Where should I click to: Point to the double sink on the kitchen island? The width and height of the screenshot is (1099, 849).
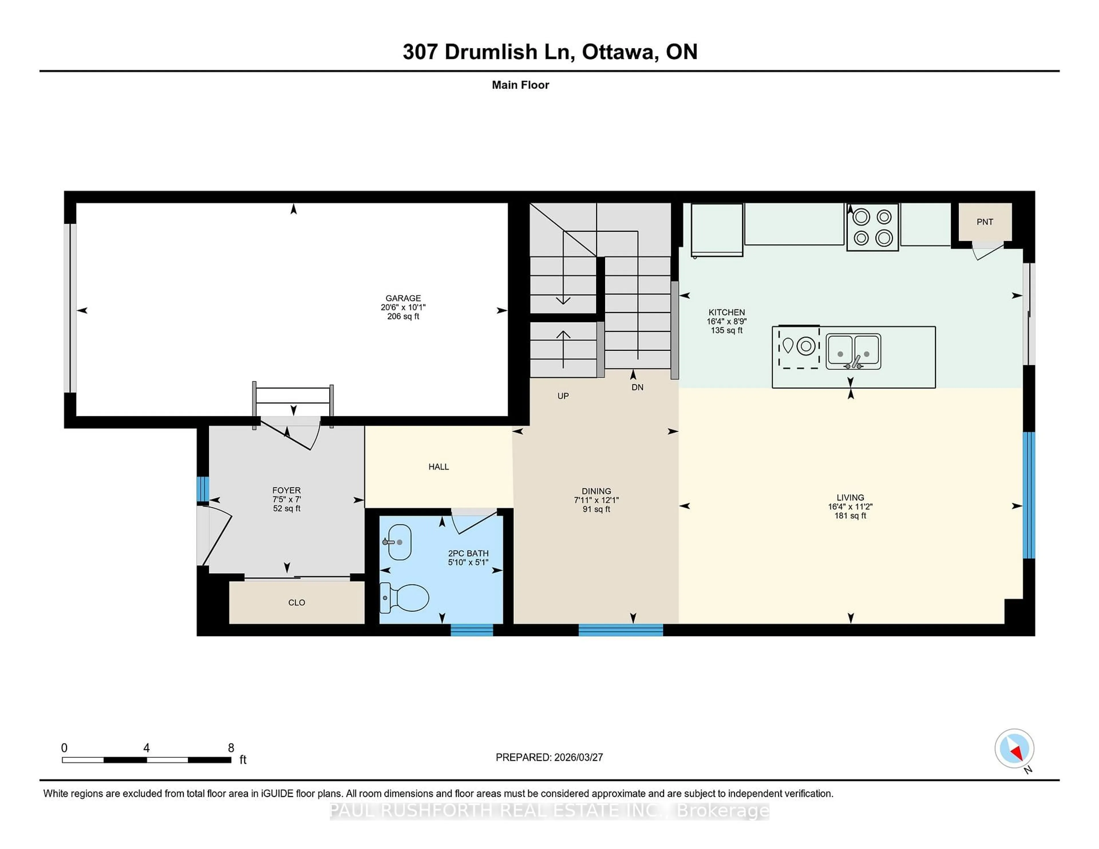pos(853,351)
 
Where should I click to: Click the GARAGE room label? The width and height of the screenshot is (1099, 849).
pos(403,298)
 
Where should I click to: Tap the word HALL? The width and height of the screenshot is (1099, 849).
pos(438,467)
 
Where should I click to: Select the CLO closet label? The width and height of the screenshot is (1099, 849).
pos(297,602)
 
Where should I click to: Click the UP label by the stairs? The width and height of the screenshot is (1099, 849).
pos(563,396)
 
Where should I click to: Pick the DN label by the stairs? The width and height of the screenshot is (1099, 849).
pos(637,387)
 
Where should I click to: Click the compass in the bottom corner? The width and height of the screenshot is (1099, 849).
pos(1014,748)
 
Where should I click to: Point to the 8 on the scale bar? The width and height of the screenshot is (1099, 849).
pos(231,748)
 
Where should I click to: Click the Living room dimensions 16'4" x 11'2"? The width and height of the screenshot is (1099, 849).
pos(850,507)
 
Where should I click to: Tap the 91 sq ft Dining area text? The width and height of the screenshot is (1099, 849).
pos(596,509)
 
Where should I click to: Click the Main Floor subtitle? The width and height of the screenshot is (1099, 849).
pos(520,85)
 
